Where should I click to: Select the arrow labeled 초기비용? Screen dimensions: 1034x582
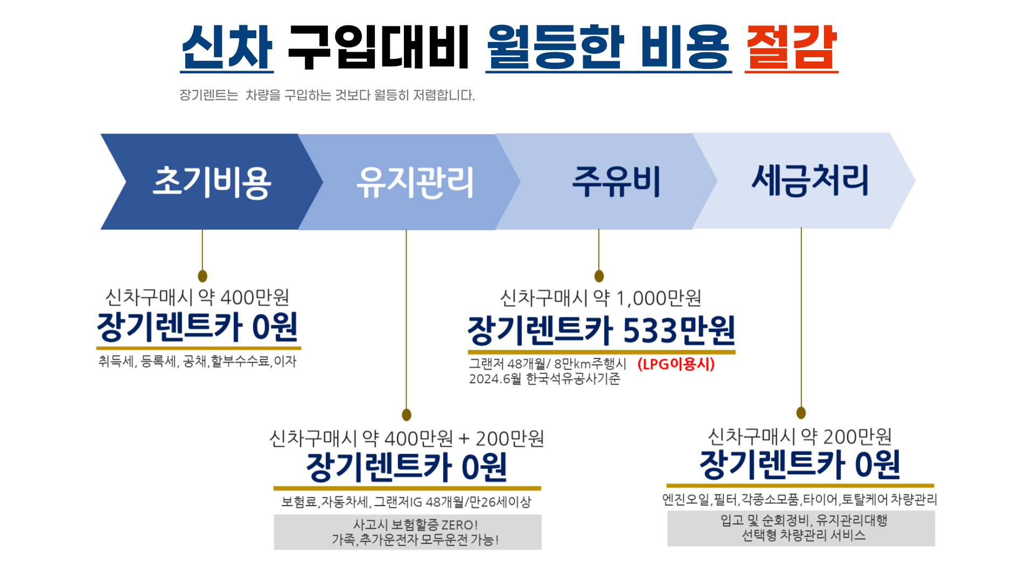point(211,182)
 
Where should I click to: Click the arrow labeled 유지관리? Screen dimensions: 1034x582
point(415,182)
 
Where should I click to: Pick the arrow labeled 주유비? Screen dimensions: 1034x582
point(616,182)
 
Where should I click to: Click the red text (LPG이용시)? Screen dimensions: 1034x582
point(676,364)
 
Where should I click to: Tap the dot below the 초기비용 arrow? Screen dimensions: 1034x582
point(202,276)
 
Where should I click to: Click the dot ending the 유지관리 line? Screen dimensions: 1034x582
point(407,414)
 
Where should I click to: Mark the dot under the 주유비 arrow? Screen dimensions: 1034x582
point(599,276)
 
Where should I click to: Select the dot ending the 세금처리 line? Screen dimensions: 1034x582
point(801,413)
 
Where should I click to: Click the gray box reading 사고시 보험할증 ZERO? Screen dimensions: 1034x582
point(408,532)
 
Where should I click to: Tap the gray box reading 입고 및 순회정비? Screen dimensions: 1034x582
point(801,528)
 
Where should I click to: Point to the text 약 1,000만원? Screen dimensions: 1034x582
point(647,298)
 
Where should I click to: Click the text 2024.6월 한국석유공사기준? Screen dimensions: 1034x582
point(544,379)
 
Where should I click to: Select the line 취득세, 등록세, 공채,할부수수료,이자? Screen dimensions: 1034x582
point(197,361)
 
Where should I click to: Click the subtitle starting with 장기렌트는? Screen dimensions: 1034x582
point(327,95)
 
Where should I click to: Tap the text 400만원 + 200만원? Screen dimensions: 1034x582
point(464,439)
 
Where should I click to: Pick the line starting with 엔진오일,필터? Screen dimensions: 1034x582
point(800,500)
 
